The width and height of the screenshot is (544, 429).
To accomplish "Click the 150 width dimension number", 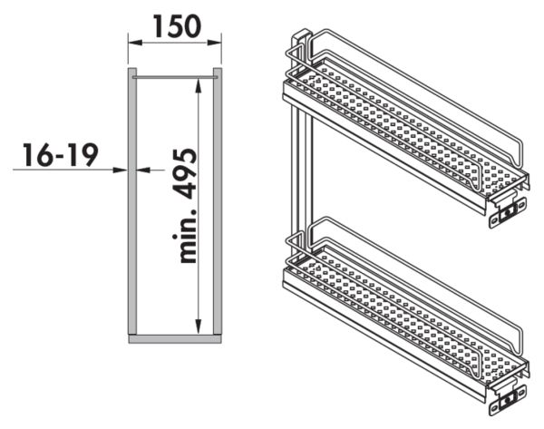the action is click(177, 26).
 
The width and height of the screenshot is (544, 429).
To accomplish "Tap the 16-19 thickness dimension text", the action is click(61, 155).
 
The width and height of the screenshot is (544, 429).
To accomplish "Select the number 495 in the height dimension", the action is click(184, 173).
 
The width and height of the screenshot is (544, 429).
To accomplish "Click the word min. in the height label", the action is click(184, 236).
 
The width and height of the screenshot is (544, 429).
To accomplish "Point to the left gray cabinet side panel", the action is click(132, 201).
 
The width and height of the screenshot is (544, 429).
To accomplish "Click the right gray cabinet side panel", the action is click(218, 201).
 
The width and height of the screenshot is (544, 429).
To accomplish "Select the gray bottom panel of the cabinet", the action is click(175, 339).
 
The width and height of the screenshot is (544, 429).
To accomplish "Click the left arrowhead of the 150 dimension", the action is click(135, 43).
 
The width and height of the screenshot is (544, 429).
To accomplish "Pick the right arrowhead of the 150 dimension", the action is click(214, 43).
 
